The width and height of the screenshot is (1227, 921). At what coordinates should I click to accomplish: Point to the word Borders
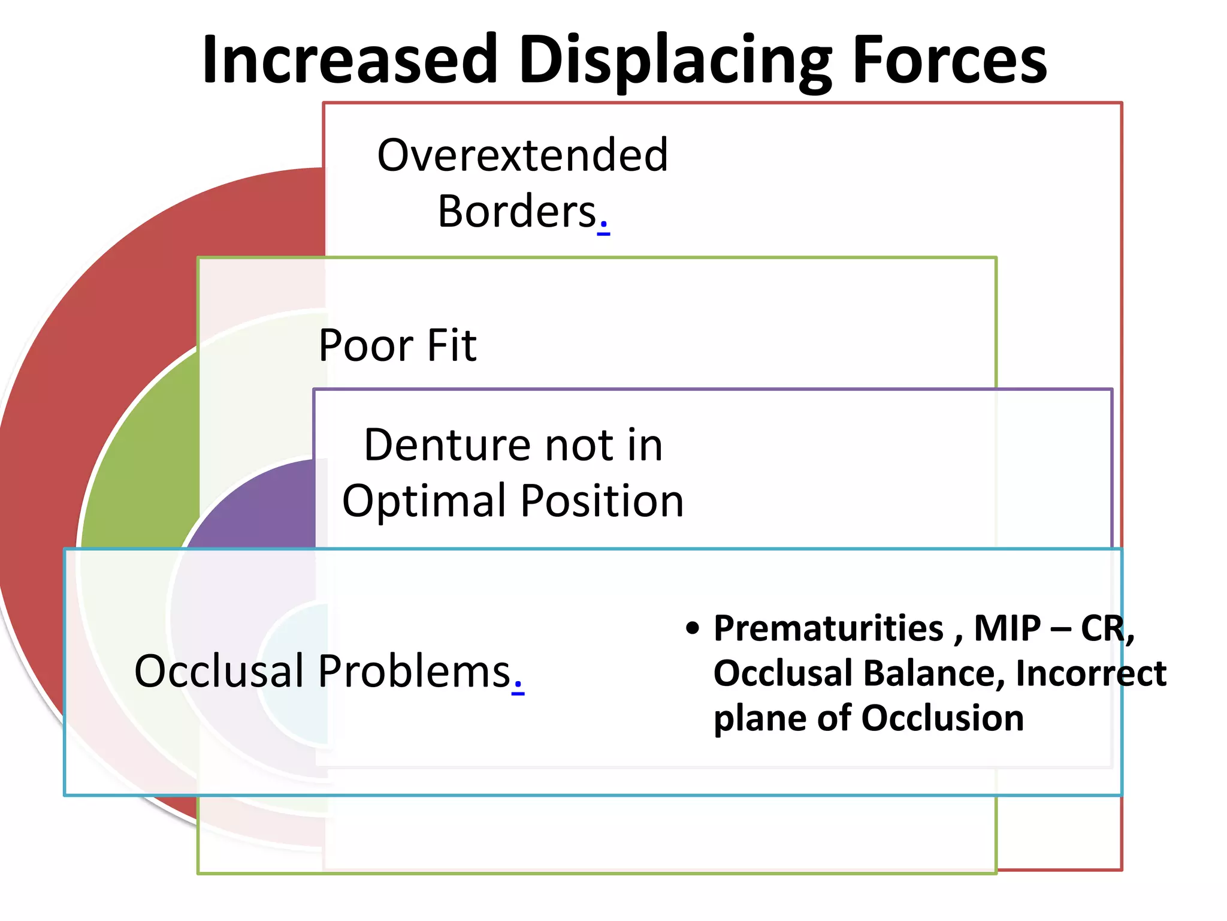pos(517,212)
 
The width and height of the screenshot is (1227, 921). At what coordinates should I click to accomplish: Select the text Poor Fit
pos(397,345)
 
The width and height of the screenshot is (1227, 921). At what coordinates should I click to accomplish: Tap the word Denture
pos(446,445)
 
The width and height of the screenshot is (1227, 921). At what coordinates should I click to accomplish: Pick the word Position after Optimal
pos(602,501)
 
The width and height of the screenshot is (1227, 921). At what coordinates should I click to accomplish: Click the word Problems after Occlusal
pos(413,671)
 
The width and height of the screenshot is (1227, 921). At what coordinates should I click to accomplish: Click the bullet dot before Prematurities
pos(693,628)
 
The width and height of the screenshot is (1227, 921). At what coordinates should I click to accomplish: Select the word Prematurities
pos(829,628)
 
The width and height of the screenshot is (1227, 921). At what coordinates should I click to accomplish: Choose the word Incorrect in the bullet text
pos(1091,673)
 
